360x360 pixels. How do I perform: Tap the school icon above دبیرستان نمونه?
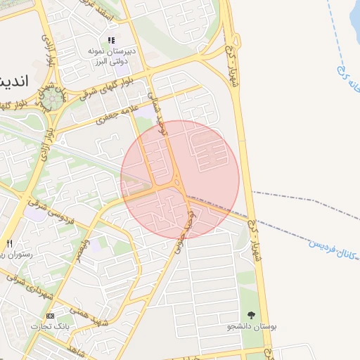tap(111, 41)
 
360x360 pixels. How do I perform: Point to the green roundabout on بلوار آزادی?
tap(50, 99)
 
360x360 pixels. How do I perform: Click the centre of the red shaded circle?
tap(180, 179)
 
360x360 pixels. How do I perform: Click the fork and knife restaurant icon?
tap(8, 243)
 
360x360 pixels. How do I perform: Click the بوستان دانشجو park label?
tap(252, 327)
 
